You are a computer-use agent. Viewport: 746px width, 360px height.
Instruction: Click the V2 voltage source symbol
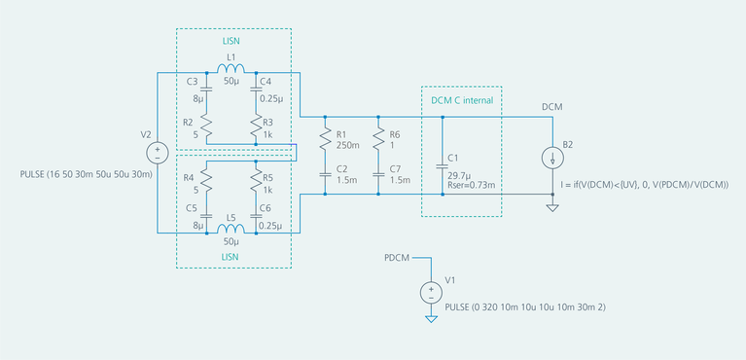[156, 152]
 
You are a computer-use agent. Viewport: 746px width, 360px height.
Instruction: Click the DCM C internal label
[462, 100]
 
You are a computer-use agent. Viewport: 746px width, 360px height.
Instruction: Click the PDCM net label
[396, 259]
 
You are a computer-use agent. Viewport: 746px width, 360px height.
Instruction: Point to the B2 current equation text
[645, 184]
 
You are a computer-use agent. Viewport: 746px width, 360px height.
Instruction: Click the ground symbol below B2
[552, 206]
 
